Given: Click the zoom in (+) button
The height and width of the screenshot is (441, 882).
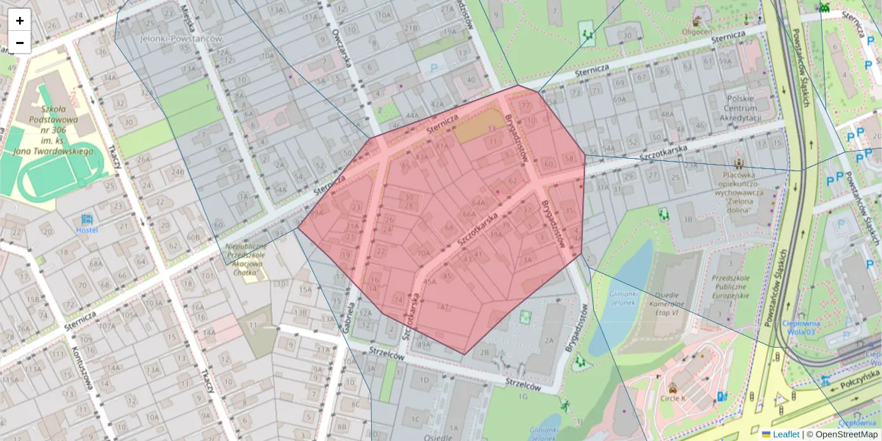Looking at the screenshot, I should click(20, 20).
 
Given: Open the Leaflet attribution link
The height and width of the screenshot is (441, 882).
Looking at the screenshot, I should click(786, 434).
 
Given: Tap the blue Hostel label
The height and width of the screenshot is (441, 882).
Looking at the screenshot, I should click(87, 229).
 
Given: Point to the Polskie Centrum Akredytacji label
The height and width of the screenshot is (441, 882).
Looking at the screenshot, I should click(748, 108).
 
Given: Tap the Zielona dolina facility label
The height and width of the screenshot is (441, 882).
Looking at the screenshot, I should click(739, 193).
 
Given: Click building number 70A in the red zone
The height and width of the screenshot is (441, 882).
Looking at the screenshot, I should click(423, 252).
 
